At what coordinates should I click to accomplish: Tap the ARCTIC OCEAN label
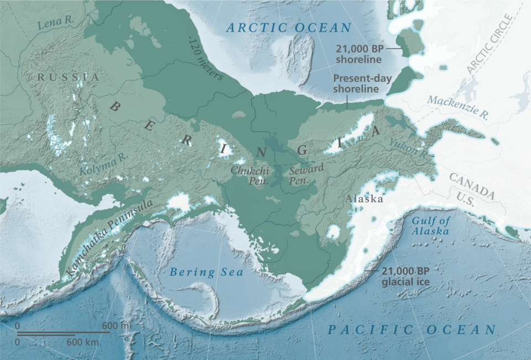[289, 28]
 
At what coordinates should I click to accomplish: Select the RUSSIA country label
[68, 77]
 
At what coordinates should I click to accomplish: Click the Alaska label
[364, 199]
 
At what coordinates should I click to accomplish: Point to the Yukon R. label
[408, 149]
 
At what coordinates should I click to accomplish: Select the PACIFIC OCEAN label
[412, 330]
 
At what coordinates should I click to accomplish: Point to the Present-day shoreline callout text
[363, 84]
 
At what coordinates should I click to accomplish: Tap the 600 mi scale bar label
[117, 326]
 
